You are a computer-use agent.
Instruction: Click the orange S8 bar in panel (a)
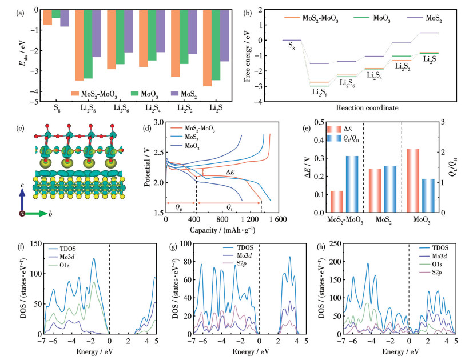[47, 17]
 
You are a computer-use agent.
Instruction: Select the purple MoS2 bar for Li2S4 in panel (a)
[161, 31]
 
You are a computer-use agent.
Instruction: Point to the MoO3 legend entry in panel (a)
[144, 94]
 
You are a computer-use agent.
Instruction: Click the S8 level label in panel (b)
[291, 46]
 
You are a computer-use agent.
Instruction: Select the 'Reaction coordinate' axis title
[367, 107]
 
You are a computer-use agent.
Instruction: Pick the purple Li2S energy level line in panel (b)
[429, 33]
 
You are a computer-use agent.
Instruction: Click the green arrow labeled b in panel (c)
[35, 214]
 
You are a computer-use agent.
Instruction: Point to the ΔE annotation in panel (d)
[230, 172]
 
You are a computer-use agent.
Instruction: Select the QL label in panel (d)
[230, 208]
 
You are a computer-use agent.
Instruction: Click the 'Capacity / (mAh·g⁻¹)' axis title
[222, 231]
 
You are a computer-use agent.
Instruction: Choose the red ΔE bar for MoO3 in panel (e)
[413, 181]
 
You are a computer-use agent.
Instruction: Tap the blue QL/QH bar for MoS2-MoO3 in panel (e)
[352, 184]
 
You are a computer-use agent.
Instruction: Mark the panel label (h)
[321, 247]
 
